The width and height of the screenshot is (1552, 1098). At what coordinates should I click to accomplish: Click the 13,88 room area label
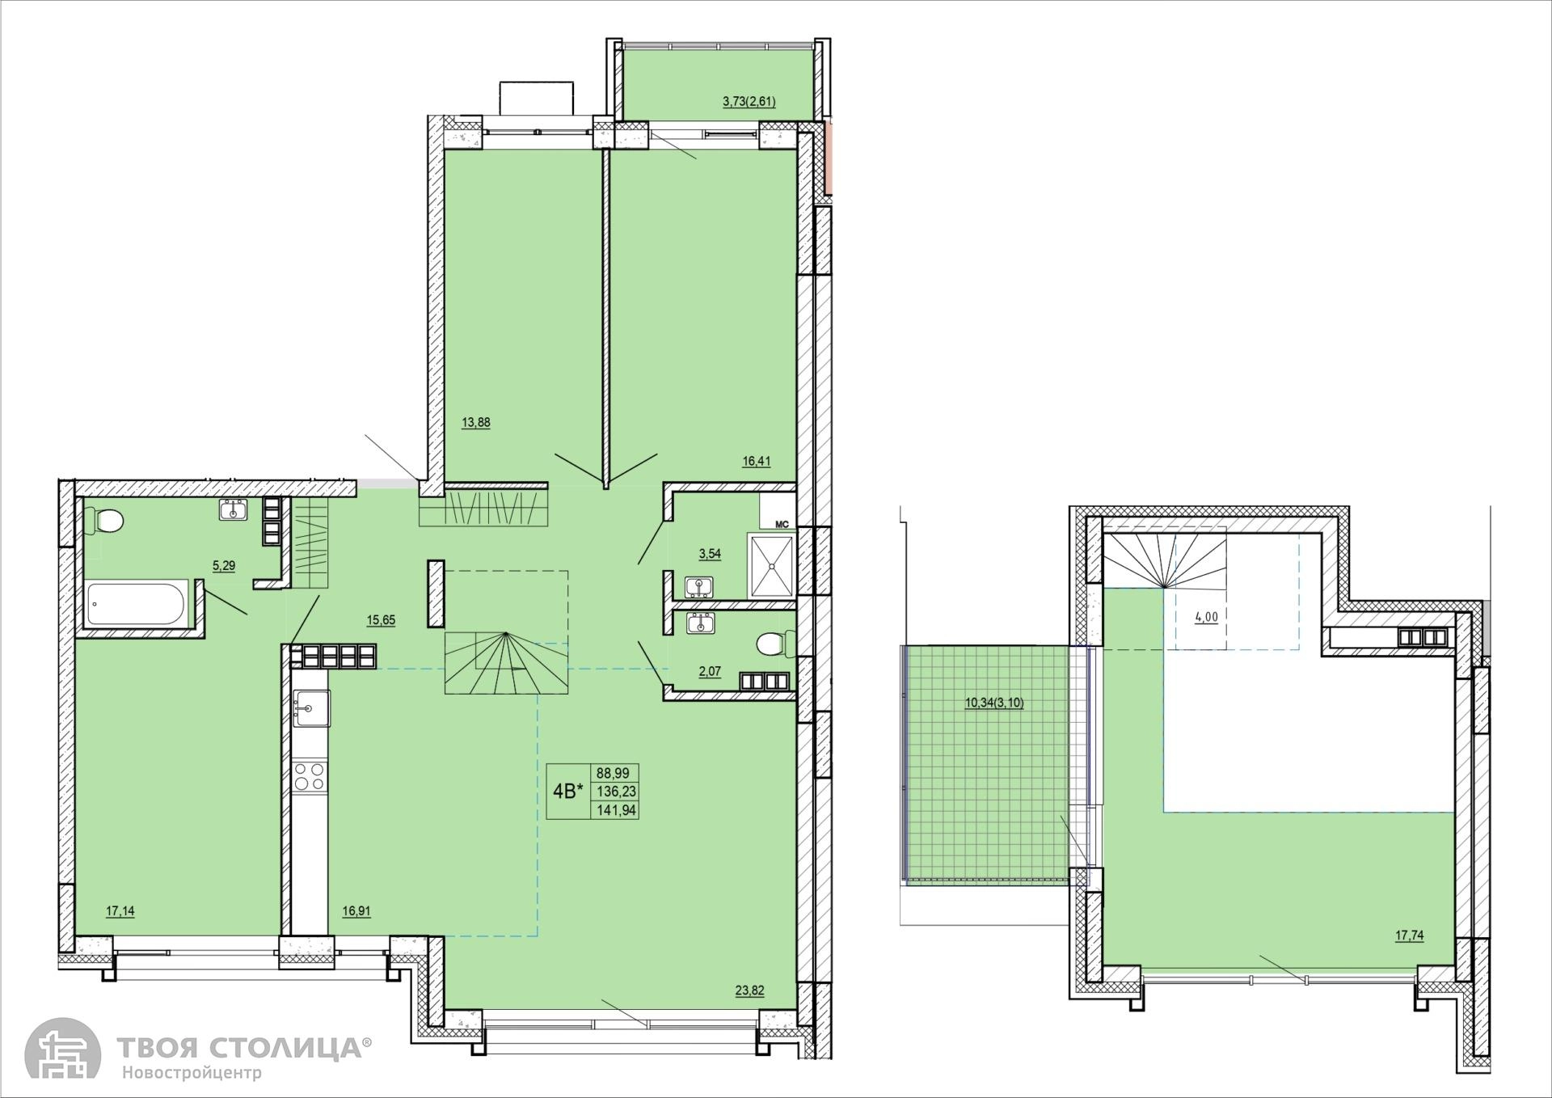click(x=475, y=422)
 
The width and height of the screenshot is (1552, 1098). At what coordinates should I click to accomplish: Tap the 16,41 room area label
click(x=757, y=462)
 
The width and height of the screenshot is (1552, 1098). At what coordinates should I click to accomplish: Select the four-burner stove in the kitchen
click(x=310, y=776)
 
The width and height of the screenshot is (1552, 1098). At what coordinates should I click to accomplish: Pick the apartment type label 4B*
click(x=567, y=792)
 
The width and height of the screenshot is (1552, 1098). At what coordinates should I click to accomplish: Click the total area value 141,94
click(x=616, y=809)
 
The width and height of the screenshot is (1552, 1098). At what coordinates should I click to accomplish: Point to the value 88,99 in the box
click(x=613, y=773)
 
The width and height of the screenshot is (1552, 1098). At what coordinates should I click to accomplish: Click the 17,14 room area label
click(x=120, y=911)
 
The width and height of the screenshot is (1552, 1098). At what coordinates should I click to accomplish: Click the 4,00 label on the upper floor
click(x=1206, y=617)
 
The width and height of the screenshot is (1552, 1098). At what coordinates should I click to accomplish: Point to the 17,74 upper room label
click(x=1409, y=935)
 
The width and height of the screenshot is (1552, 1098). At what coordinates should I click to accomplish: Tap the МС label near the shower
click(x=782, y=524)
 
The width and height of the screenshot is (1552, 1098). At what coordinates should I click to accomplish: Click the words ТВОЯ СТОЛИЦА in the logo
click(x=240, y=1048)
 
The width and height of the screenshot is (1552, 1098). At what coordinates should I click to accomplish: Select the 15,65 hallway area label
click(x=381, y=620)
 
